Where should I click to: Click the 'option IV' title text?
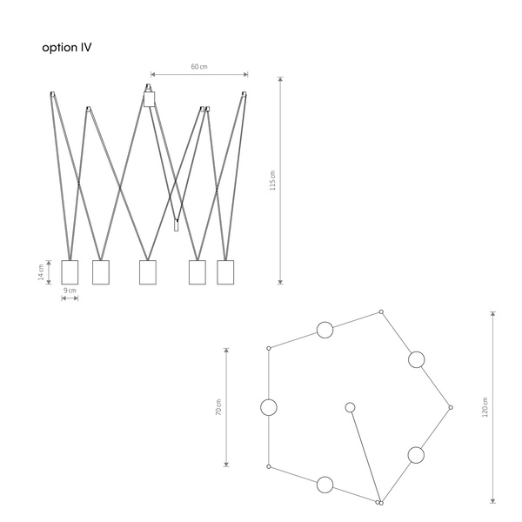[x=67, y=48]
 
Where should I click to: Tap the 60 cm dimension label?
[x=199, y=67]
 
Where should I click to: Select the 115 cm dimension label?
[x=272, y=180]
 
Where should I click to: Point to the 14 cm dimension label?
[x=41, y=272]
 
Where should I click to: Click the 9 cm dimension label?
[x=70, y=291]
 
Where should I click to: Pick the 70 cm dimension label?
[x=218, y=407]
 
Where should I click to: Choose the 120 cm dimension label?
[x=485, y=407]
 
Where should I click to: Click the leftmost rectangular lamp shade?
[x=70, y=272]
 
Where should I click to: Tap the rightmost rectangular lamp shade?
[x=225, y=272]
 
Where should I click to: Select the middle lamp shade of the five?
[x=148, y=272]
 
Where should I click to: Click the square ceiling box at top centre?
[x=150, y=99]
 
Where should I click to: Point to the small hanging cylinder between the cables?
[x=176, y=225]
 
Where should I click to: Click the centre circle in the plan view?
[x=350, y=407]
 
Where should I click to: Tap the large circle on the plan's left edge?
[x=269, y=407]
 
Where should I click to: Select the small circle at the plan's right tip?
[x=451, y=407]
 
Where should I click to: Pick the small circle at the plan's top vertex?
[x=381, y=312]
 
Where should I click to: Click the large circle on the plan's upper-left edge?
[x=325, y=330]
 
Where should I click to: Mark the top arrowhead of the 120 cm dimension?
[x=493, y=313]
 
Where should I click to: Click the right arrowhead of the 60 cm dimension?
[x=245, y=74]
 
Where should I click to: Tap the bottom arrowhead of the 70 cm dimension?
[x=226, y=465]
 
